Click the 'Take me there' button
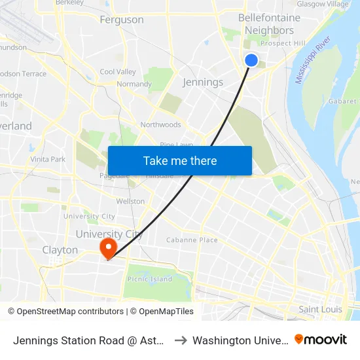[x=180, y=160]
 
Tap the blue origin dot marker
[x=251, y=60]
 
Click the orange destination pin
[x=107, y=247]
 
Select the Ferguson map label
[x=122, y=20]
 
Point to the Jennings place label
[x=204, y=82]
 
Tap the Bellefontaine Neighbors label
[x=269, y=24]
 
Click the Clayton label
[x=60, y=250]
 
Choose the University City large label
[x=109, y=234]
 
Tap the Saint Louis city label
[x=320, y=309]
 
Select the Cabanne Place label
[x=192, y=240]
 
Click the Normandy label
[x=134, y=84]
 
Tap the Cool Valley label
[x=118, y=72]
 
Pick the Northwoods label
[x=160, y=125]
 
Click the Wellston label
[x=130, y=201]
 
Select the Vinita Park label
[x=48, y=159]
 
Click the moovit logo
[x=321, y=340]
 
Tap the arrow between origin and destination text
[x=180, y=340]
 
